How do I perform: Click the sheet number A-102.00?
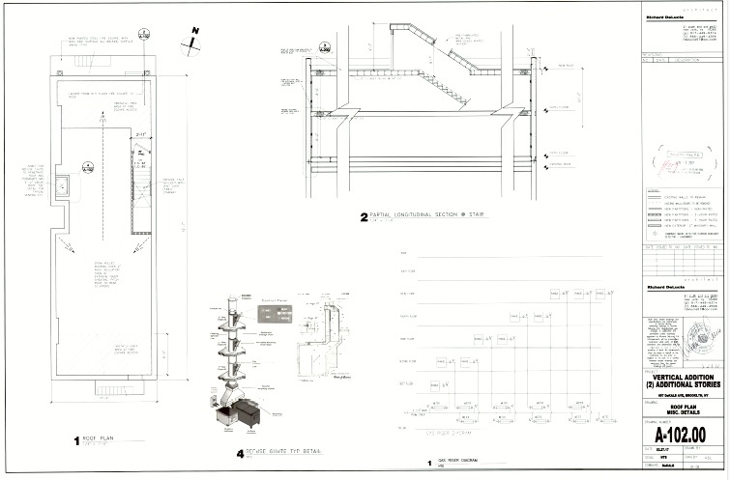tap(682, 434)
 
